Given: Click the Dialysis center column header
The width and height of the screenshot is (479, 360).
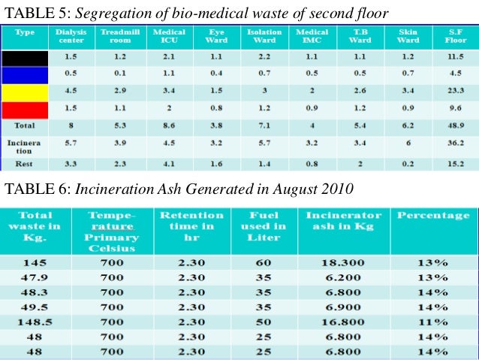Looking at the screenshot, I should point(70,36).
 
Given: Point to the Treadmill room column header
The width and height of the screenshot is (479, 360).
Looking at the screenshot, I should point(117,36).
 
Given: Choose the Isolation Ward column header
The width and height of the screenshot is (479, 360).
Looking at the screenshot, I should point(264,36).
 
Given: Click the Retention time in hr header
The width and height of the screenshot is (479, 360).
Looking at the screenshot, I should point(191,226).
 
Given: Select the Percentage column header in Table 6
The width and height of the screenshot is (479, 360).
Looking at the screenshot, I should point(433,216).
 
